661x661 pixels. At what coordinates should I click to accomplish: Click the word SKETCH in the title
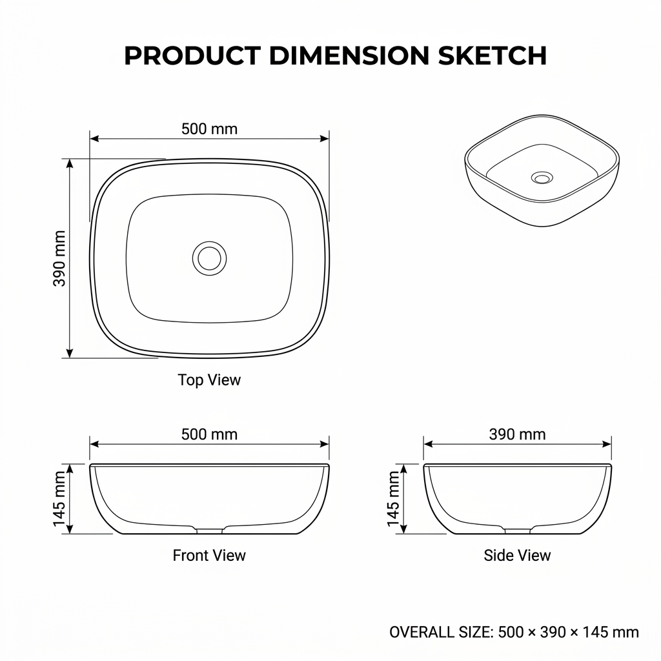coord(492,56)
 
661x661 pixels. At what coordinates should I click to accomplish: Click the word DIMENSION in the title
coord(349,56)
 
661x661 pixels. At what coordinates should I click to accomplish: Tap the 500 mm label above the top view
coord(210,128)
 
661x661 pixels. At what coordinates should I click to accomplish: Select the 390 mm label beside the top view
coord(59,258)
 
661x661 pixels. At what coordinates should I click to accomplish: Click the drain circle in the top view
coord(210,258)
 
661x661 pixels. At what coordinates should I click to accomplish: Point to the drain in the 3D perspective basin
coord(542,178)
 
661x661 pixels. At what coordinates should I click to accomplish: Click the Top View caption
coord(209,380)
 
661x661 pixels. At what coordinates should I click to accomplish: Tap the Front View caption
coord(209,555)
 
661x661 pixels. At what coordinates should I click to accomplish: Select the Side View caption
coord(517,555)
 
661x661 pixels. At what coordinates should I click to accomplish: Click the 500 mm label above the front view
coord(210,434)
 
